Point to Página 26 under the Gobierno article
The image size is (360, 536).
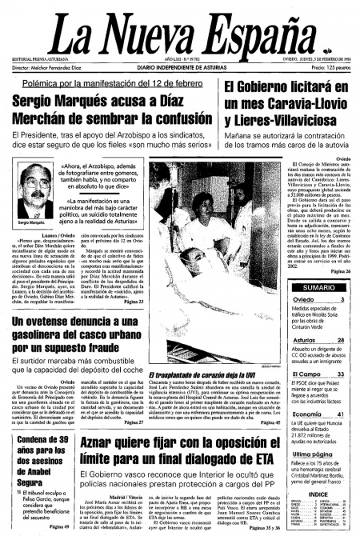click(x=339, y=272)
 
